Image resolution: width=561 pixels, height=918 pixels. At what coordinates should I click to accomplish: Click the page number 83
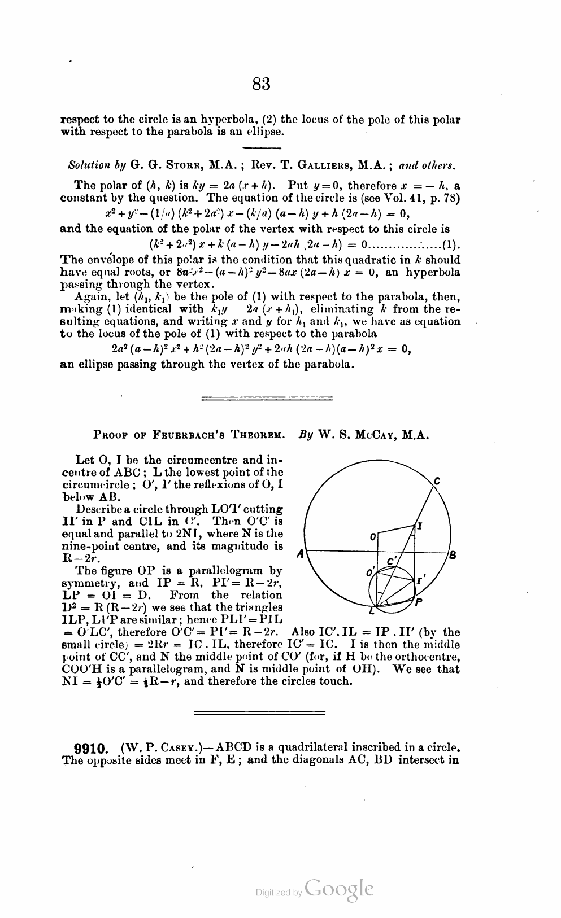pyautogui.click(x=260, y=84)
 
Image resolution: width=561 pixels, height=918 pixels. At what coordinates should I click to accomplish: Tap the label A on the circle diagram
pyautogui.click(x=301, y=554)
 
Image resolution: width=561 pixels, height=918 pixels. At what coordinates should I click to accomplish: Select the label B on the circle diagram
pyautogui.click(x=453, y=554)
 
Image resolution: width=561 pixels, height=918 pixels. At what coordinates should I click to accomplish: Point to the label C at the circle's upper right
pyautogui.click(x=437, y=481)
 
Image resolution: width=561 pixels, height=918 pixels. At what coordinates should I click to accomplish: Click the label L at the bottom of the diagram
pyautogui.click(x=371, y=611)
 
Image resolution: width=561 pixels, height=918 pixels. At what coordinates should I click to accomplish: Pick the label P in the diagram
pyautogui.click(x=419, y=602)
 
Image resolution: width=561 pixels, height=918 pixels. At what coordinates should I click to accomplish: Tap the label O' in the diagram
pyautogui.click(x=371, y=573)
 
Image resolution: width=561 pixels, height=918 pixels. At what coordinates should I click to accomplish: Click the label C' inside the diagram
pyautogui.click(x=392, y=561)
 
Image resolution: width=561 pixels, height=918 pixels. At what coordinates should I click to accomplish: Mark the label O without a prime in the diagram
pyautogui.click(x=373, y=536)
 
